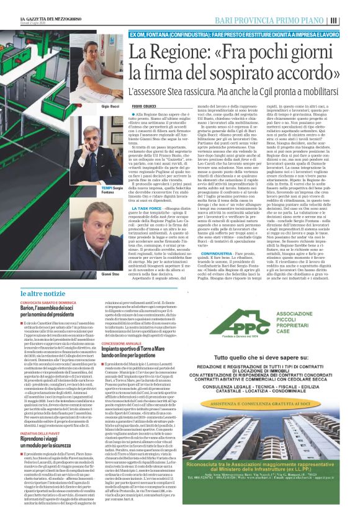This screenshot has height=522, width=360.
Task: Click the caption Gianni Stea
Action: pyautogui.click(x=110, y=256)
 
